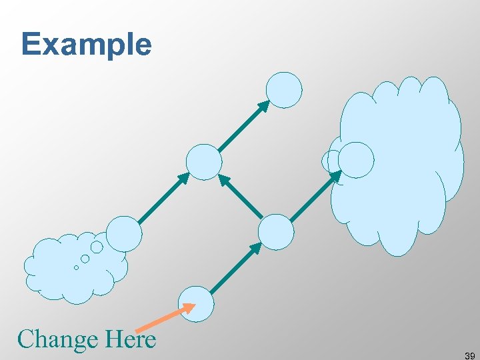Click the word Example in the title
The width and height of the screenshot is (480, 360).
[86, 45]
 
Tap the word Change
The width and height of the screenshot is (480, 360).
[57, 339]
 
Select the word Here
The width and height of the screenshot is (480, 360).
[131, 339]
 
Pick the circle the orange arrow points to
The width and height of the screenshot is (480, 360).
[197, 303]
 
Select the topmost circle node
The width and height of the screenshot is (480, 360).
[284, 90]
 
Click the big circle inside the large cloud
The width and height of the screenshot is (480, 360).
[356, 160]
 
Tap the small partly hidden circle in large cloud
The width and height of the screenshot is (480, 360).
[329, 161]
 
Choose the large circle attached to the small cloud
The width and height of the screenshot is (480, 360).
[125, 233]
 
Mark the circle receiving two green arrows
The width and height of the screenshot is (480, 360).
[203, 162]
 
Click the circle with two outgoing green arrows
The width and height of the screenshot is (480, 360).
[275, 232]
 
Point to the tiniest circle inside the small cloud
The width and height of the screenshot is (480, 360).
[76, 267]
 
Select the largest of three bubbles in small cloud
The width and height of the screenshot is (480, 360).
[97, 247]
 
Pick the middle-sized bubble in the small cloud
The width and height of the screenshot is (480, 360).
[85, 259]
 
